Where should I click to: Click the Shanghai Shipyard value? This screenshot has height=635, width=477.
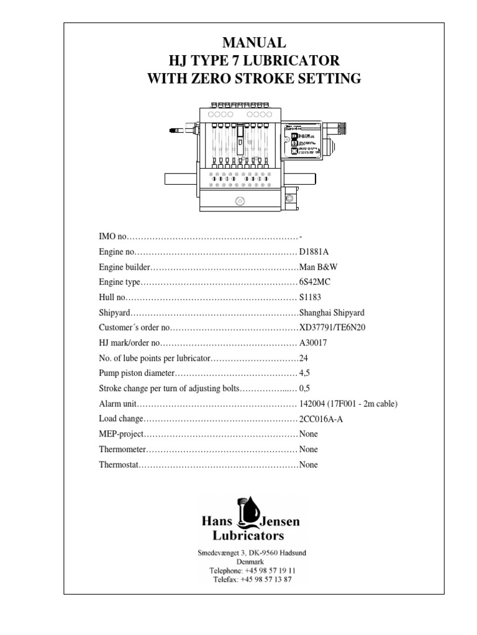[330, 312]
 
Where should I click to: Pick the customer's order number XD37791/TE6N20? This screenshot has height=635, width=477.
[332, 327]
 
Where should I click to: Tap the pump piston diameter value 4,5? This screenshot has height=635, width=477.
[305, 374]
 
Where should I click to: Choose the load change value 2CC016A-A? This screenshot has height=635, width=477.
[320, 419]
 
